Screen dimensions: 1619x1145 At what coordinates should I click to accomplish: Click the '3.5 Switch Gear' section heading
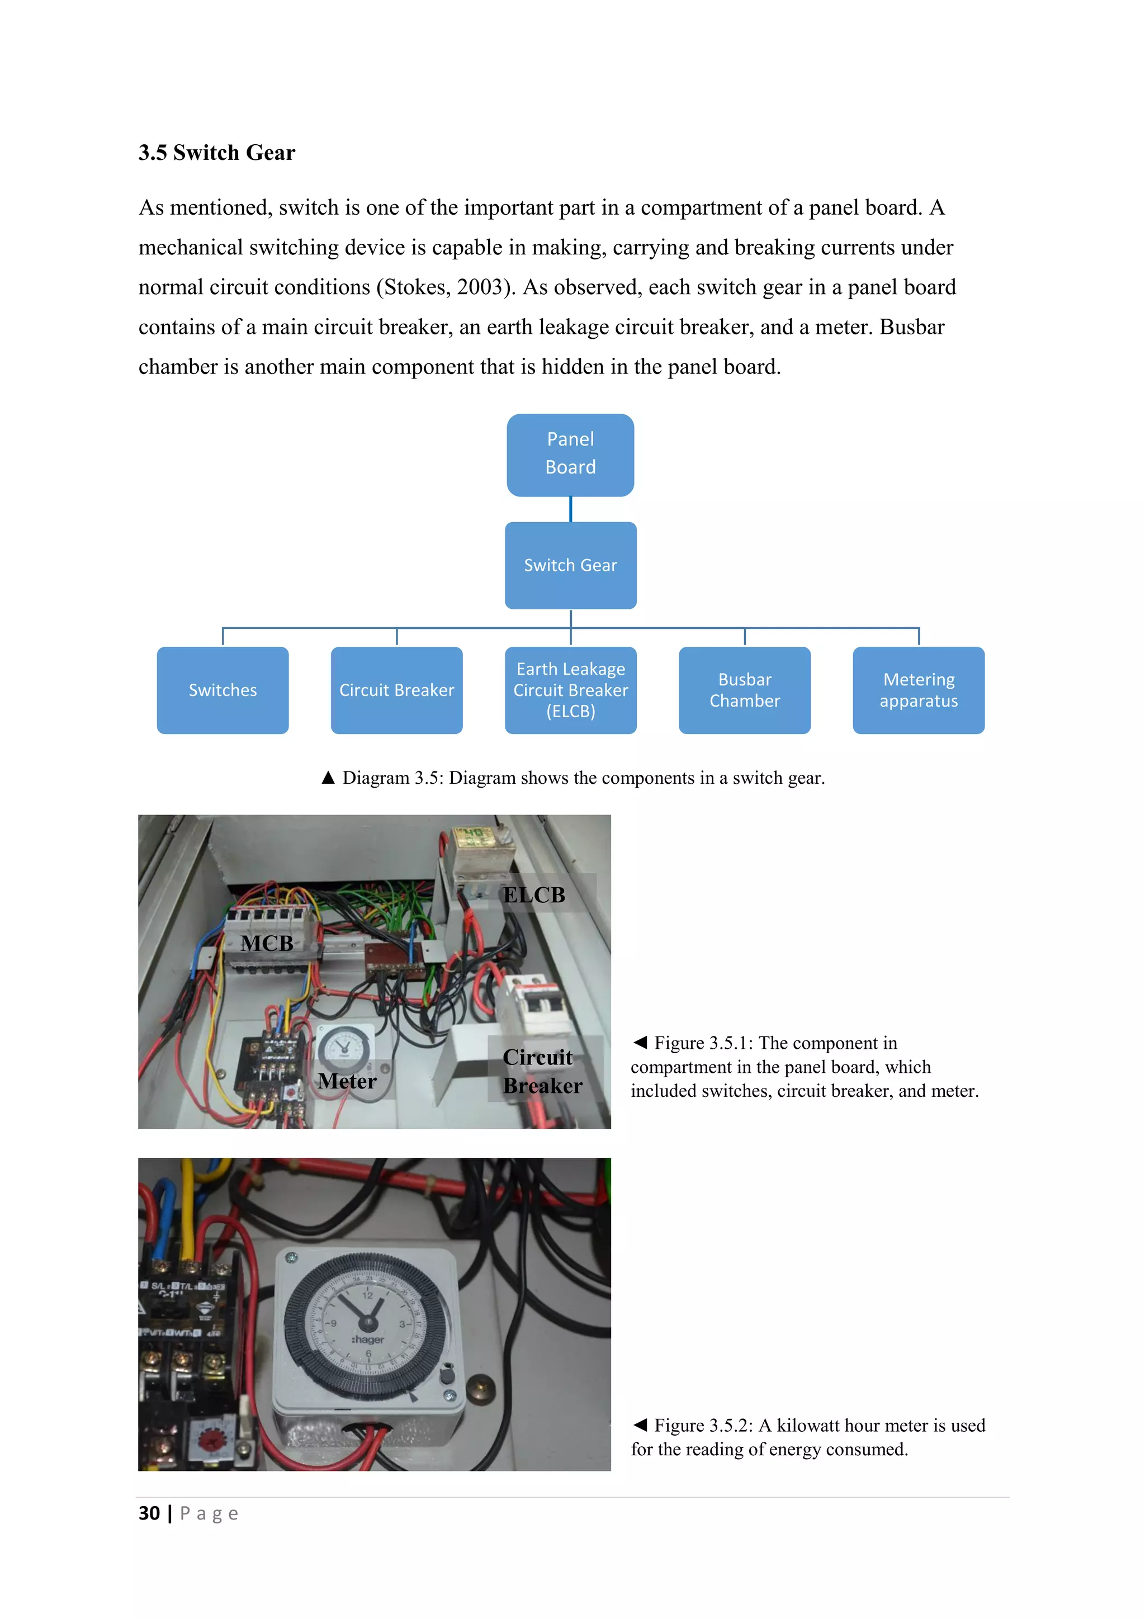coord(216,152)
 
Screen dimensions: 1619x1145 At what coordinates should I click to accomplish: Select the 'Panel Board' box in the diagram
coord(570,454)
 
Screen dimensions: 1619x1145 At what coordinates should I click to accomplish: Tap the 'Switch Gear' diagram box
coord(570,565)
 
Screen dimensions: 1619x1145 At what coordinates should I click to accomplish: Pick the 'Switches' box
coord(223,690)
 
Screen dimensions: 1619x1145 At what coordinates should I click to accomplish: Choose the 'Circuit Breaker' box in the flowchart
coord(396,690)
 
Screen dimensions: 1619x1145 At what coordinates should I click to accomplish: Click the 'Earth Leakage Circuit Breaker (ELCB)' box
coord(570,690)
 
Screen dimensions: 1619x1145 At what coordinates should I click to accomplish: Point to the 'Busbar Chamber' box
coord(745,690)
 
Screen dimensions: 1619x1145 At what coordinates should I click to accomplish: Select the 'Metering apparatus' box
coord(919,690)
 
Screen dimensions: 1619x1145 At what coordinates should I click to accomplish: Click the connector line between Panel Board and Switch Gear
coord(570,509)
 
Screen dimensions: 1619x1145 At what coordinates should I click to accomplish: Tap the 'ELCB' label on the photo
coord(534,895)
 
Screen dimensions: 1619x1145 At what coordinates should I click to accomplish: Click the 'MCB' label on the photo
coord(267,943)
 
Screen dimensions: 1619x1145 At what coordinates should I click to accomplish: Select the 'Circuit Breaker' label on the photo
coord(542,1071)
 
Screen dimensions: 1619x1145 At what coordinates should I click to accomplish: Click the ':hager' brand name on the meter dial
coord(367,1339)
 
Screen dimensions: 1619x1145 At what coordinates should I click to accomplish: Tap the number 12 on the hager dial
coord(367,1295)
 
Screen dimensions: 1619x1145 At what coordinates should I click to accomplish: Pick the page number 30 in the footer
coord(149,1513)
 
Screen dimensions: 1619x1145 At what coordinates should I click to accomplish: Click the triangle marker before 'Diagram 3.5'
coord(328,778)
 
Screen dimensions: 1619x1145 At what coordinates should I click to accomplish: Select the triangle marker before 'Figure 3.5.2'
coord(640,1424)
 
